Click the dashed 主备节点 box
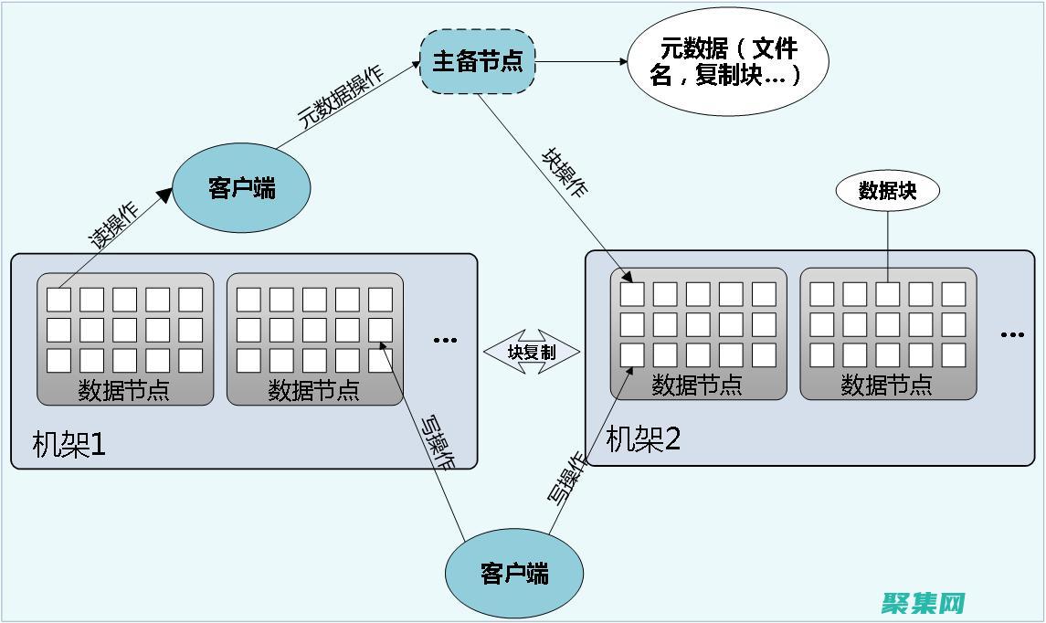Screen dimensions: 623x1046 pyautogui.click(x=477, y=61)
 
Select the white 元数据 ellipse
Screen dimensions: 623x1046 pyautogui.click(x=727, y=62)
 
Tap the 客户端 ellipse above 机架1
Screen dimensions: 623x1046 pyautogui.click(x=241, y=189)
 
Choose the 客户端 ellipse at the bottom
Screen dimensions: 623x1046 pyautogui.click(x=513, y=574)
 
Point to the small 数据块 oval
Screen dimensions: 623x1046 pyautogui.click(x=887, y=190)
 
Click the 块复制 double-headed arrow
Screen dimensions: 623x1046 pyautogui.click(x=532, y=352)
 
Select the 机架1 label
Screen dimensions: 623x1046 pyautogui.click(x=69, y=445)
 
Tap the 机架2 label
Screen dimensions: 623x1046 pyautogui.click(x=644, y=439)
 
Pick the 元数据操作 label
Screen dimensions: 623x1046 pyautogui.click(x=341, y=97)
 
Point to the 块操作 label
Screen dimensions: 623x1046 pyautogui.click(x=565, y=173)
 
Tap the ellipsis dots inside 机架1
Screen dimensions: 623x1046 pyautogui.click(x=445, y=340)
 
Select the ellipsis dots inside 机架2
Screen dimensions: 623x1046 pyautogui.click(x=1012, y=335)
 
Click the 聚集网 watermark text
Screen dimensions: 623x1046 pyautogui.click(x=924, y=603)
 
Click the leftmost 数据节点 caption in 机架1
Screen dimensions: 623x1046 pyautogui.click(x=124, y=391)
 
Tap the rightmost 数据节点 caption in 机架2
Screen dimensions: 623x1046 pyautogui.click(x=887, y=385)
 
